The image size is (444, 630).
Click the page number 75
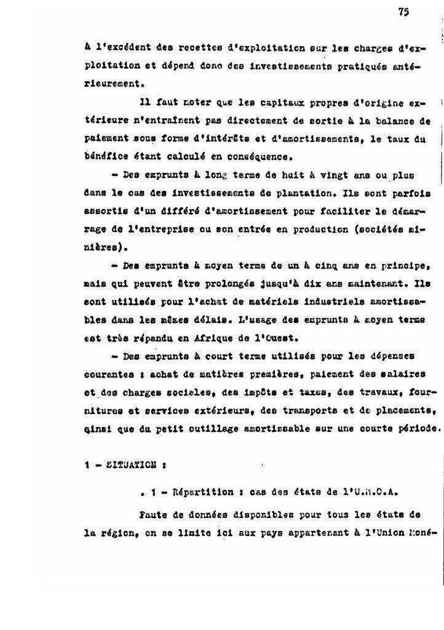tap(403, 12)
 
